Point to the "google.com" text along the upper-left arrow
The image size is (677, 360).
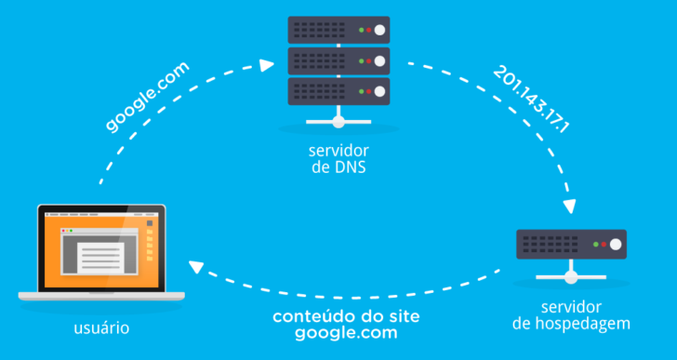(148, 97)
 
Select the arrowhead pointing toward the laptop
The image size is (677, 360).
(196, 268)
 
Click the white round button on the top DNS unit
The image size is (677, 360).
(379, 30)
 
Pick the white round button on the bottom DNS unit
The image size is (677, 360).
(379, 91)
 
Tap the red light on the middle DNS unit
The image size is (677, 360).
(369, 60)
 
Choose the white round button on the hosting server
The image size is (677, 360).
(614, 244)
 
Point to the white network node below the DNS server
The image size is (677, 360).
(338, 122)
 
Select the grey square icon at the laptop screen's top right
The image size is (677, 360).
(149, 223)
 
